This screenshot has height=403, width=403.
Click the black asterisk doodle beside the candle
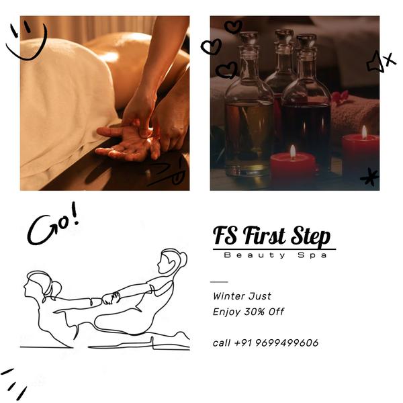(369, 177)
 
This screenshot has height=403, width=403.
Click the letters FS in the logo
(226, 236)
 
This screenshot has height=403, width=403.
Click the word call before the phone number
(222, 343)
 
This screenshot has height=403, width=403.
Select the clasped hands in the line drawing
(111, 297)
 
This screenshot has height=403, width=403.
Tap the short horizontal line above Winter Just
(219, 281)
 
